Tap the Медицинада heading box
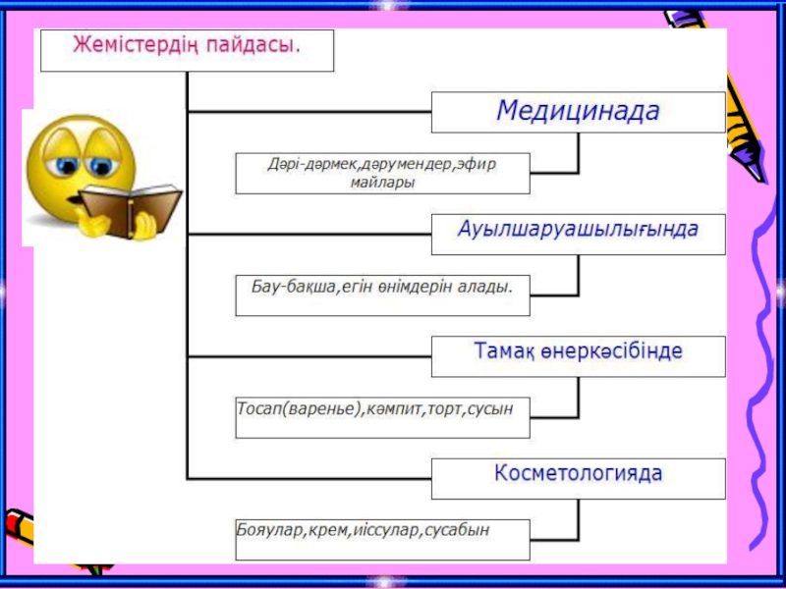pyautogui.click(x=578, y=111)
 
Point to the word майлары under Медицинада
pyautogui.click(x=382, y=182)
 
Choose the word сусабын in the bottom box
pyautogui.click(x=457, y=530)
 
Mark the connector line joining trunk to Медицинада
pyautogui.click(x=309, y=109)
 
